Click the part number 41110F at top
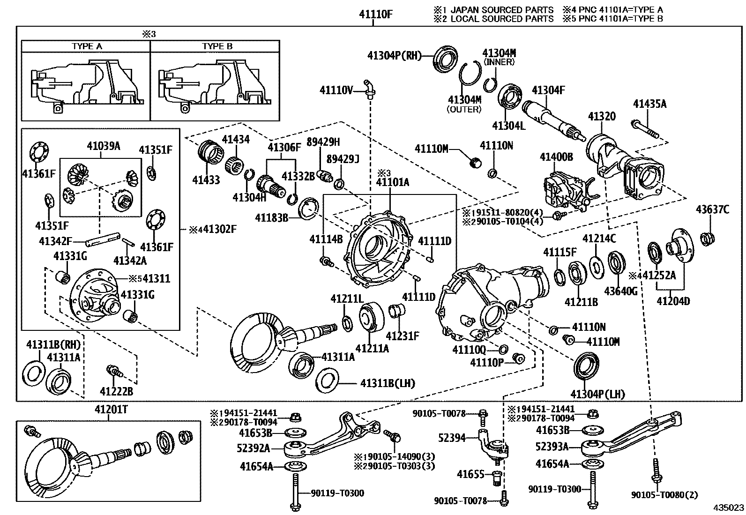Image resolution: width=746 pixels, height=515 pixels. [375, 14]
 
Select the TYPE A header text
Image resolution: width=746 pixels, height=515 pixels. [87, 46]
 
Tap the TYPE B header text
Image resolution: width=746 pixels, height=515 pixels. [217, 46]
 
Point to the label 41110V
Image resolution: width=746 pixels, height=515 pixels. [336, 90]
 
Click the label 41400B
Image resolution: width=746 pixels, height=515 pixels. [556, 157]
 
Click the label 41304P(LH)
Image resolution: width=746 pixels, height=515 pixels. [597, 394]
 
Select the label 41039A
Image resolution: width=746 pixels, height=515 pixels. [103, 146]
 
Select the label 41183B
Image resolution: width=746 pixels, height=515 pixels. [271, 217]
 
